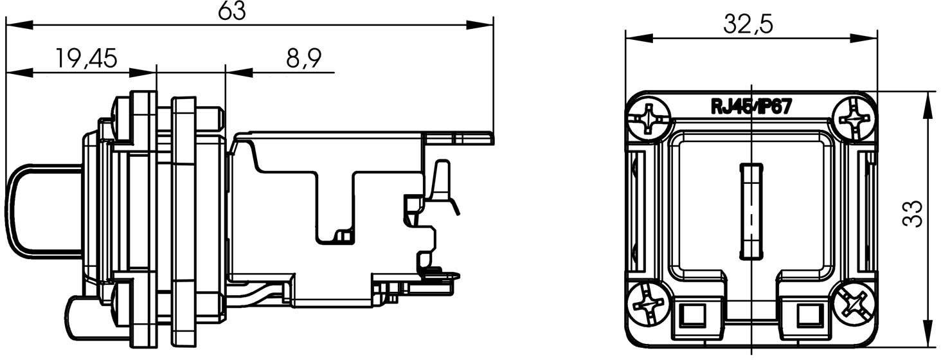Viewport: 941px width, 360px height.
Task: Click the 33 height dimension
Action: tap(913, 213)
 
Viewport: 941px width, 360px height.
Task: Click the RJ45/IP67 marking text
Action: tap(750, 107)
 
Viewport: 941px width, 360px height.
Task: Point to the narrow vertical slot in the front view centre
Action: tap(750, 211)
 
